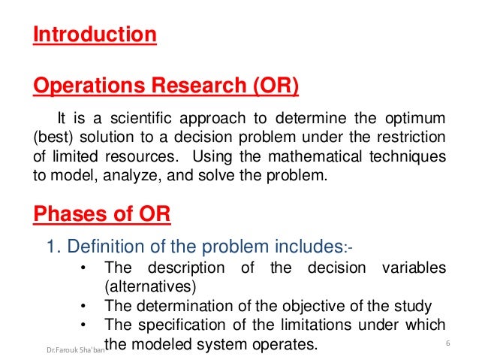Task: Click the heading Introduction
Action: tap(95, 35)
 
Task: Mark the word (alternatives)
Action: tap(147, 286)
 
